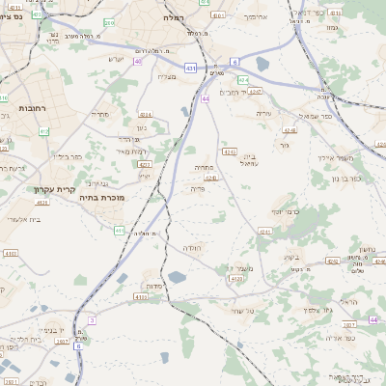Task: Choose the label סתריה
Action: tap(99, 115)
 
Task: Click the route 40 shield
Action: tap(138, 61)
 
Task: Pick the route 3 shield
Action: tap(92, 319)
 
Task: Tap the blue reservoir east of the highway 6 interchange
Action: tap(262, 64)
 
